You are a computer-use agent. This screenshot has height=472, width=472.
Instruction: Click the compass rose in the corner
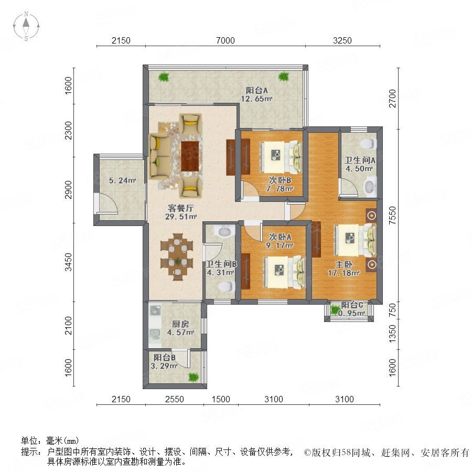click(26, 26)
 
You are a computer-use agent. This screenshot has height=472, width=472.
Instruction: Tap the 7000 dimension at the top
click(225, 40)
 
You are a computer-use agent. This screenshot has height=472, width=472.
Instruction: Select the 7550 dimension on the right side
click(392, 215)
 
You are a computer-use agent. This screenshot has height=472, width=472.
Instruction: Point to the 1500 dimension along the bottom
click(221, 399)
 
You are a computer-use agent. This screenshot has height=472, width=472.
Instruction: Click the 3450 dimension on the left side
click(69, 262)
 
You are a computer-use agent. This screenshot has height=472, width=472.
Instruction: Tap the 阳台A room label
click(256, 90)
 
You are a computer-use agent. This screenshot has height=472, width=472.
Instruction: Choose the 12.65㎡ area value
click(256, 99)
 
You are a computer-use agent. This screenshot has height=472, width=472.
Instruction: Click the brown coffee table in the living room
click(190, 156)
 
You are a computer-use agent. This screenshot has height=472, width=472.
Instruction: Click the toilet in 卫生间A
click(369, 144)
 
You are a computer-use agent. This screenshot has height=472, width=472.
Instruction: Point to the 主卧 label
click(344, 264)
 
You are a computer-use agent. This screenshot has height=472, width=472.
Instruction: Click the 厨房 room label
click(180, 324)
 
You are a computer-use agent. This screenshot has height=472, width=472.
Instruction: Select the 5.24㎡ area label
click(122, 180)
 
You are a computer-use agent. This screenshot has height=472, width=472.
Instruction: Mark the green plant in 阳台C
click(335, 310)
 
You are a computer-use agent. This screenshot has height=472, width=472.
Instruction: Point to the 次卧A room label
click(280, 237)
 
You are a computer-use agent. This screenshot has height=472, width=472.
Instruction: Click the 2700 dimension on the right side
click(392, 99)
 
